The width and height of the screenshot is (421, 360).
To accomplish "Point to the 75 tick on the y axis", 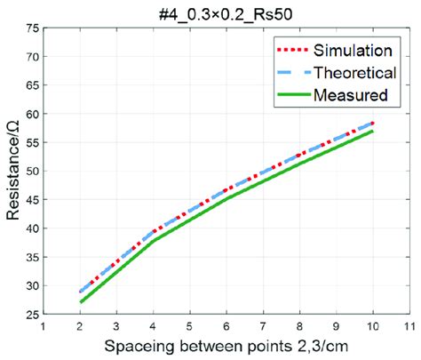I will tap(32, 28).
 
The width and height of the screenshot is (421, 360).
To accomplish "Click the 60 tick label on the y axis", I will tap(32, 115).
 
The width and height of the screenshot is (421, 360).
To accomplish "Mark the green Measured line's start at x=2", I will tap(81, 303).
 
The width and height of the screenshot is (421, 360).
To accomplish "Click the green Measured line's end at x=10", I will tap(373, 132).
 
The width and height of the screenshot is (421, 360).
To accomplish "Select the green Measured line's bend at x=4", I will tap(154, 241).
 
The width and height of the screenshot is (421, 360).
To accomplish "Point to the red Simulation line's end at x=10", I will tap(373, 123).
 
